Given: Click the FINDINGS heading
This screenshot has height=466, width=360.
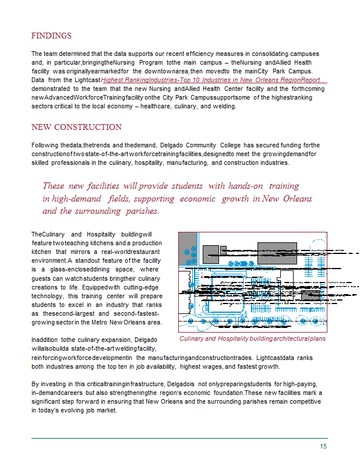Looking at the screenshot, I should [x=51, y=36].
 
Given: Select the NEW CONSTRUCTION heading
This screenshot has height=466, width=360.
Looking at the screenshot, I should [x=76, y=127].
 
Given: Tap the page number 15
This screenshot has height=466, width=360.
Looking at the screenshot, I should [x=323, y=446].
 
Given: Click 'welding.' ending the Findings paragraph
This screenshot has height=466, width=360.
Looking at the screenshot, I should [x=222, y=107].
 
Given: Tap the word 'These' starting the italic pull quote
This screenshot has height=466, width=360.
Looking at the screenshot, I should [x=54, y=186].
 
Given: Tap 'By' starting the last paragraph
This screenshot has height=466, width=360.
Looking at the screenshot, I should [x=35, y=384].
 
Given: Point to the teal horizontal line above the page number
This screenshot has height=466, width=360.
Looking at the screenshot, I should [x=179, y=438].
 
